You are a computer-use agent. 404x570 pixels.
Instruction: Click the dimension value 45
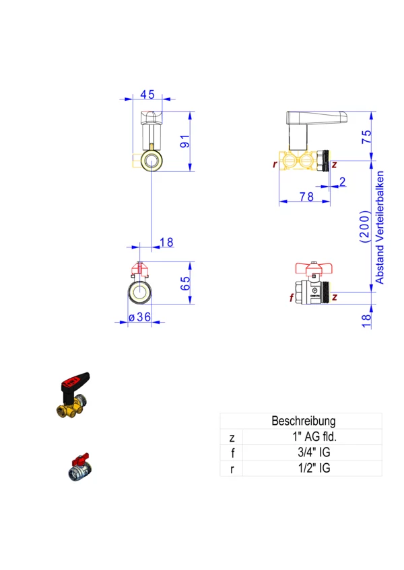pyautogui.click(x=147, y=95)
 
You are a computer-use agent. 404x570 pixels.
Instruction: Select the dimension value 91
pyautogui.click(x=184, y=141)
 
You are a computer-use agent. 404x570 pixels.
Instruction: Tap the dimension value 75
pyautogui.click(x=366, y=136)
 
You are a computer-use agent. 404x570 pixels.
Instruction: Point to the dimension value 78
pyautogui.click(x=306, y=197)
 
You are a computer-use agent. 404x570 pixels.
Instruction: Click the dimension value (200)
pyautogui.click(x=365, y=226)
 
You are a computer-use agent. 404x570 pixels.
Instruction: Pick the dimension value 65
pyautogui.click(x=184, y=283)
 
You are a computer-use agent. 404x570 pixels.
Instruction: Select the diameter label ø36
pyautogui.click(x=140, y=317)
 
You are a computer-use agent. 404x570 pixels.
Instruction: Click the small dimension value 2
pyautogui.click(x=342, y=181)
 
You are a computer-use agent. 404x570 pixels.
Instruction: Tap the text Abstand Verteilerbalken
pyautogui.click(x=379, y=228)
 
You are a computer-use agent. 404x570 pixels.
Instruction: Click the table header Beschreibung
pyautogui.click(x=304, y=421)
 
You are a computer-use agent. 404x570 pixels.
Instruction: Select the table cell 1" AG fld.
pyautogui.click(x=314, y=437)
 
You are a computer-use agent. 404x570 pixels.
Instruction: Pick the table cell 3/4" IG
pyautogui.click(x=314, y=452)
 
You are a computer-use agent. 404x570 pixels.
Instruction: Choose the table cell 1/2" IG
pyautogui.click(x=314, y=469)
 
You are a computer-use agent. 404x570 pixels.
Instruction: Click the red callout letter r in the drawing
pyautogui.click(x=275, y=164)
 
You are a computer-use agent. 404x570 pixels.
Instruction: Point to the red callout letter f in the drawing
pyautogui.click(x=292, y=298)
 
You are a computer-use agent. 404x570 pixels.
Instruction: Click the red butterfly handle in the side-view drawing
pyautogui.click(x=314, y=268)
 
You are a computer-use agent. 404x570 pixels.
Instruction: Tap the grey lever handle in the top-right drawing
pyautogui.click(x=316, y=118)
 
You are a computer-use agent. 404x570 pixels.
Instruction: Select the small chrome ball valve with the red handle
pyautogui.click(x=80, y=467)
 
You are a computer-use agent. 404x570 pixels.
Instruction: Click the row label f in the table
pyautogui.click(x=232, y=453)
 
